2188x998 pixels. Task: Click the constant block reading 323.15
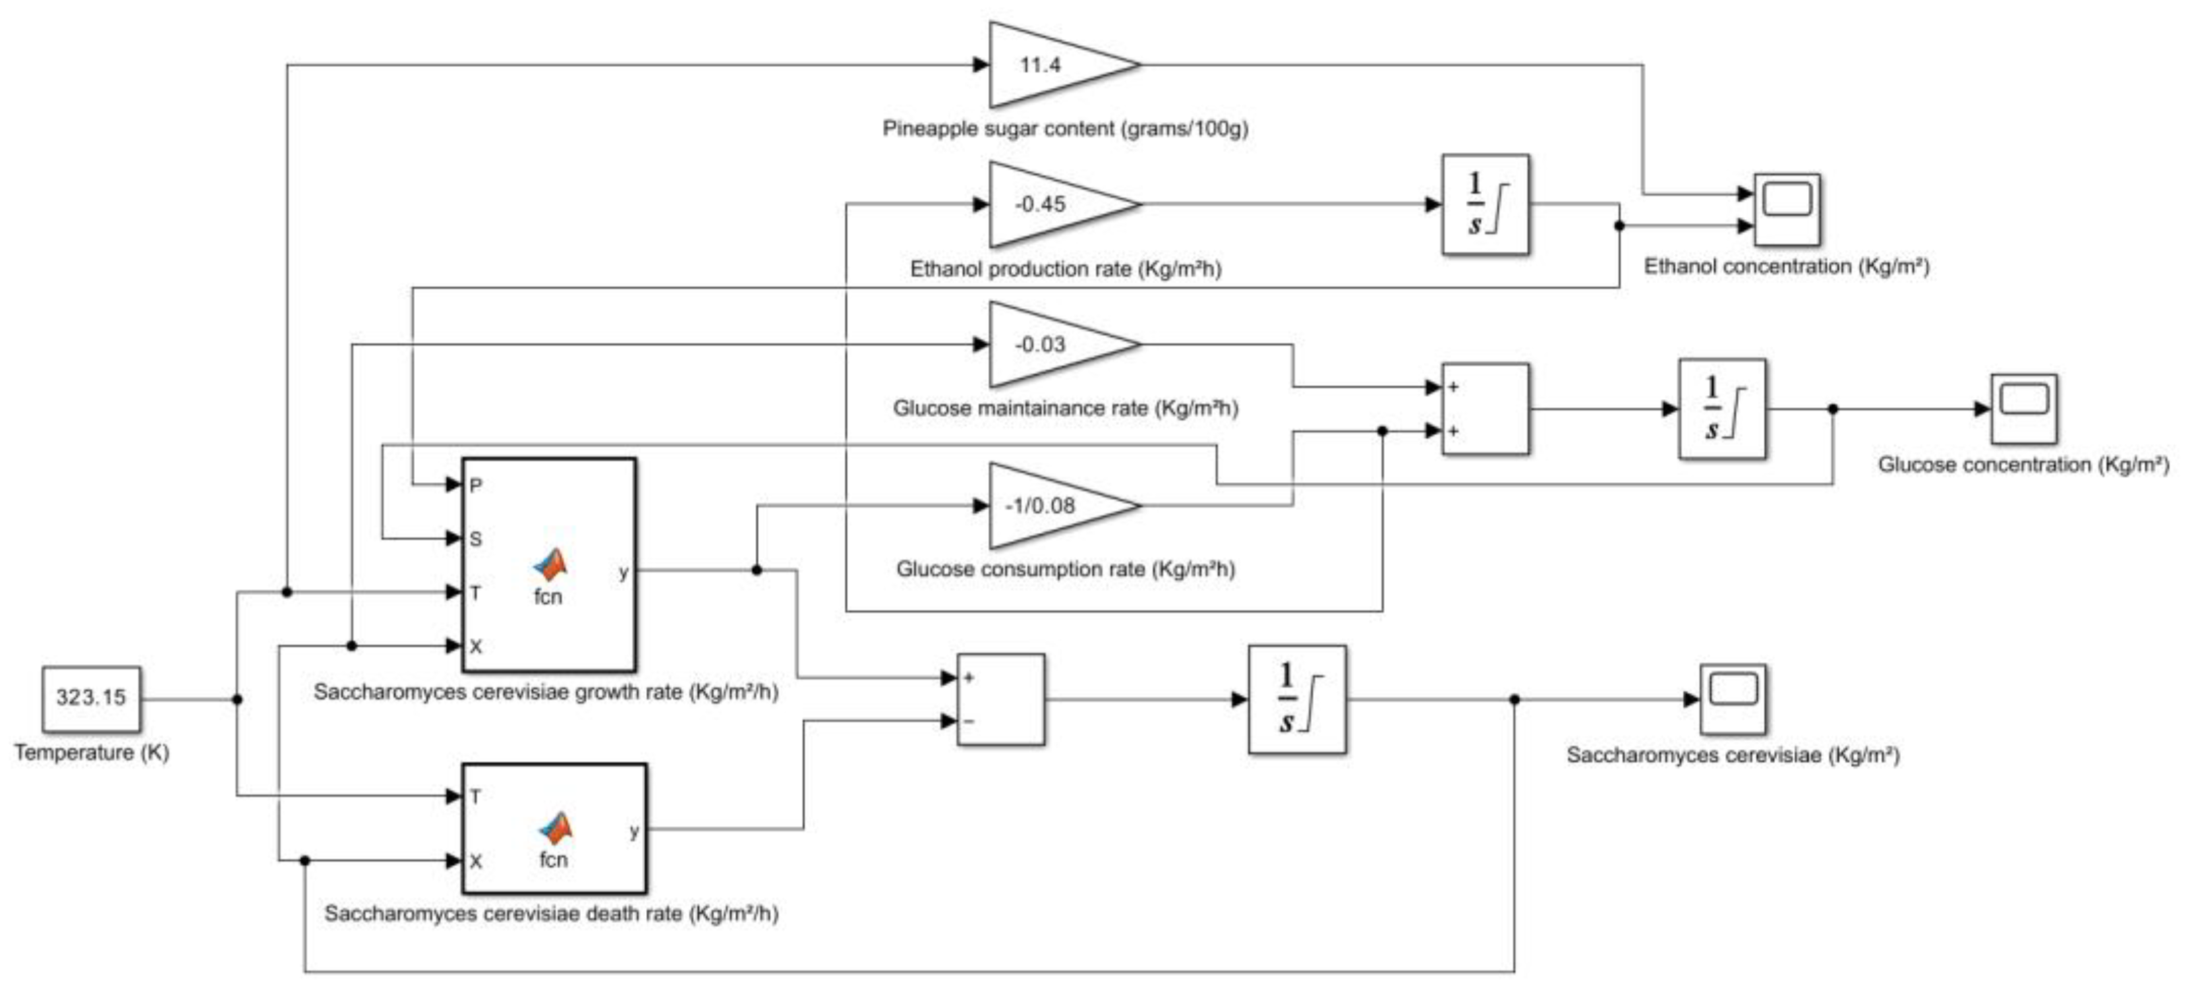[91, 698]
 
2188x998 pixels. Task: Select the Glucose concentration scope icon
[2023, 409]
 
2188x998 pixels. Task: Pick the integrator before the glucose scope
[1722, 409]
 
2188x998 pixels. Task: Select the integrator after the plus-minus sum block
[1296, 699]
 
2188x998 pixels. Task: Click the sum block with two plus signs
[1485, 409]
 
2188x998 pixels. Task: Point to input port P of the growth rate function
[475, 485]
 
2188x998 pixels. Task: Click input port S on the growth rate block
[475, 539]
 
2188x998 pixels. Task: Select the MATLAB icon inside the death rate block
[556, 828]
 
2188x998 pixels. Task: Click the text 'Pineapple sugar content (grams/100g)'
[1065, 129]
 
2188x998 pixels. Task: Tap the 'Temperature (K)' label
[92, 753]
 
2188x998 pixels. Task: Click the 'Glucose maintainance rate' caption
[1065, 409]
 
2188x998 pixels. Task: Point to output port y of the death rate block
[633, 831]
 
